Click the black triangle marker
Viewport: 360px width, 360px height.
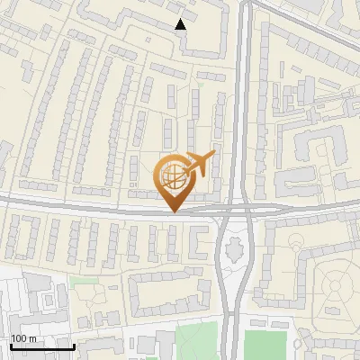(x=181, y=24)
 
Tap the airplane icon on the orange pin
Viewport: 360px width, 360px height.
(x=199, y=163)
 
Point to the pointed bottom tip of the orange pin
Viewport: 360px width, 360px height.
(x=174, y=211)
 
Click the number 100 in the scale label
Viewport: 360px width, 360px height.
(x=19, y=338)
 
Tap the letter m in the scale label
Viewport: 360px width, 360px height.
(x=33, y=338)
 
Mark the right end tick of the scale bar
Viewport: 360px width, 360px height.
(x=73, y=346)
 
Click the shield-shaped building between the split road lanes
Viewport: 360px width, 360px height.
(x=237, y=244)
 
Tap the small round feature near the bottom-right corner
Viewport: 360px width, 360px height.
(x=297, y=344)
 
